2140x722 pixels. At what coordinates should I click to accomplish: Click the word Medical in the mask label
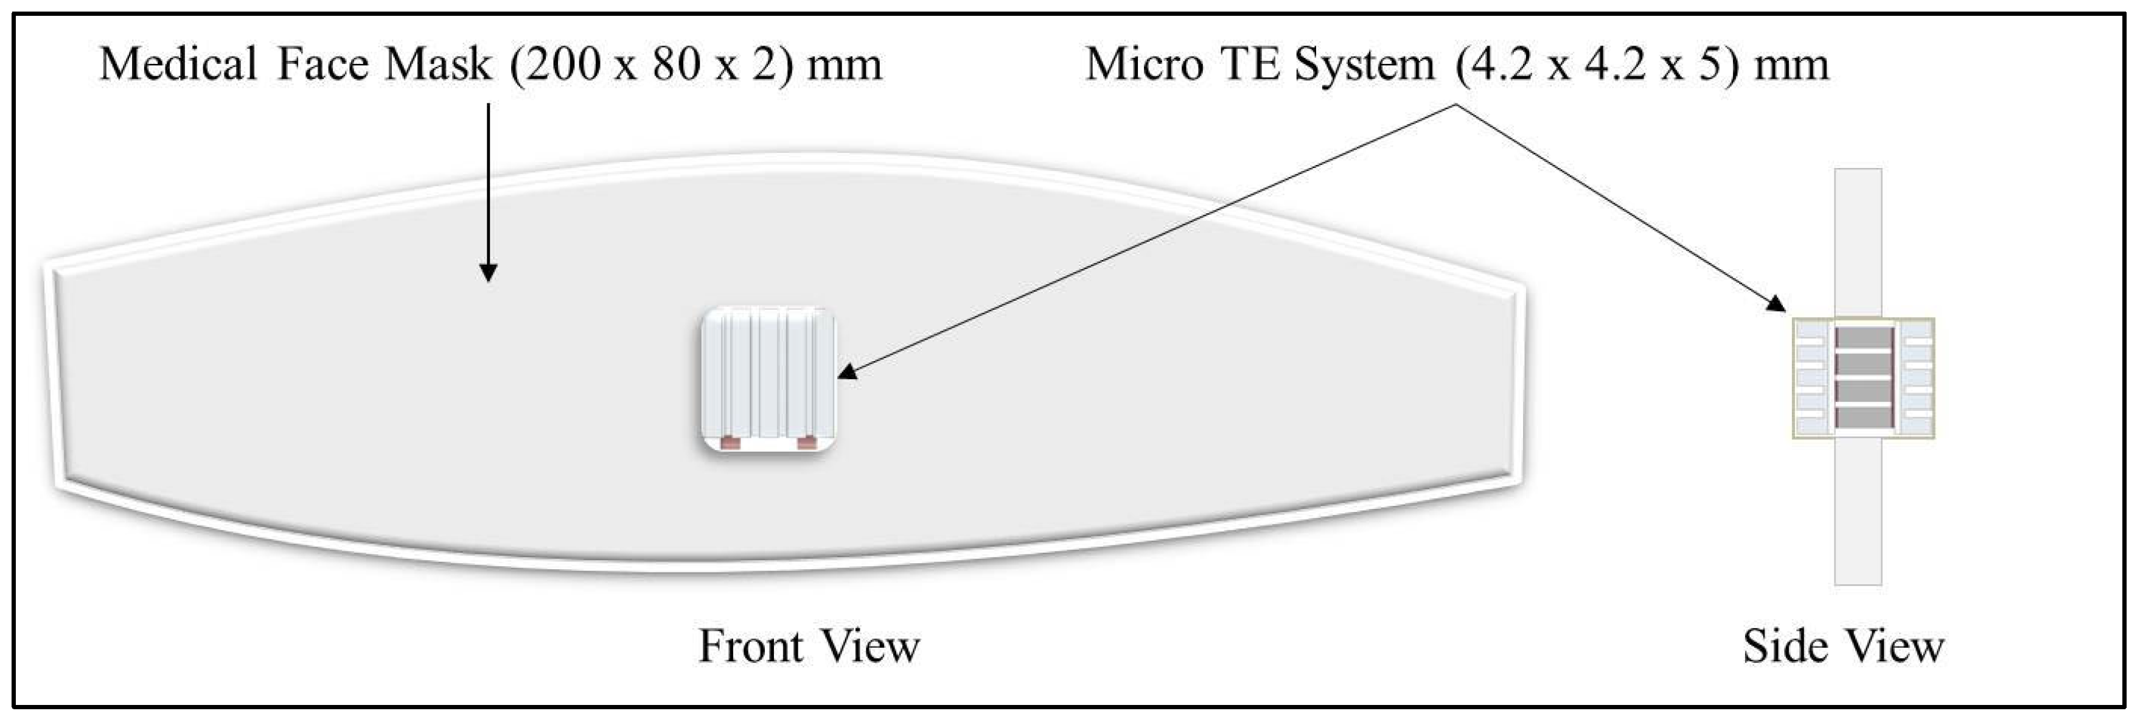(x=178, y=65)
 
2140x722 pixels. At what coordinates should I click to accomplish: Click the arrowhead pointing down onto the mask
(x=489, y=273)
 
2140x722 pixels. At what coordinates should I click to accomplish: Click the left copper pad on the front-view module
(x=730, y=443)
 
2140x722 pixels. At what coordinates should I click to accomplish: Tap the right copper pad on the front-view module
(x=806, y=443)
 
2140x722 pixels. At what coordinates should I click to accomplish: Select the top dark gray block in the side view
(x=1863, y=337)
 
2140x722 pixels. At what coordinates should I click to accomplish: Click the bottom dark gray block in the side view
(x=1863, y=417)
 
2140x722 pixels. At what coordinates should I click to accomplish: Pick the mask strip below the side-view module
(x=1858, y=511)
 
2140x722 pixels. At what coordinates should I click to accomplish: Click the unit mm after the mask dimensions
(x=844, y=65)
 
